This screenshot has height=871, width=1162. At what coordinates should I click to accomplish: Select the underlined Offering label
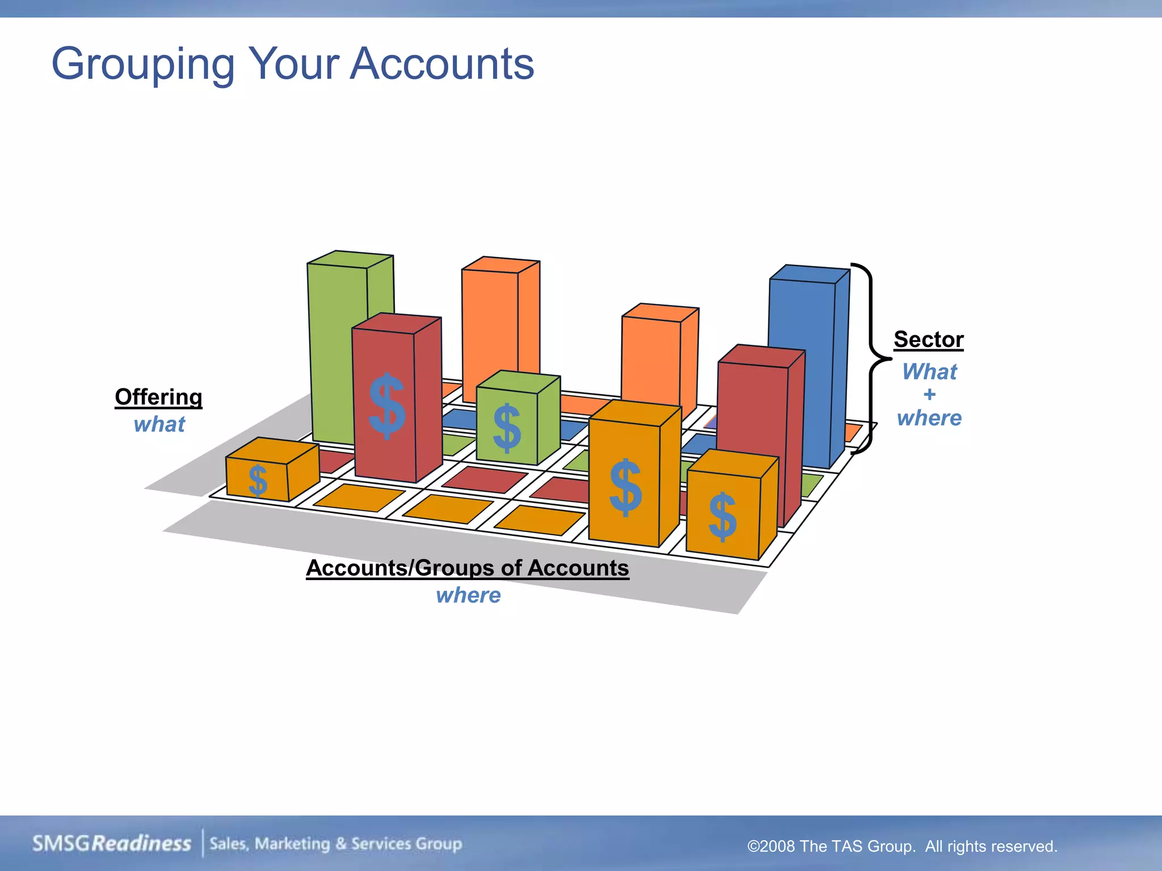tap(158, 397)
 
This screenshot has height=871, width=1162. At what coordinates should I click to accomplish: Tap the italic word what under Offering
tap(159, 424)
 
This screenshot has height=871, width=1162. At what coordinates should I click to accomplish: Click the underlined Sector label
tap(928, 340)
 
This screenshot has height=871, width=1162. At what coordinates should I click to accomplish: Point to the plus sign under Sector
tap(929, 395)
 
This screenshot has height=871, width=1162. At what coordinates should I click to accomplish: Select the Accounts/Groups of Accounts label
tap(468, 568)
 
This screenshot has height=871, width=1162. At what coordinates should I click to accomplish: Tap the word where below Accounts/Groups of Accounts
tap(469, 595)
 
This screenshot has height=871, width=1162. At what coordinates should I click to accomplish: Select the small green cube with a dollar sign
tap(516, 420)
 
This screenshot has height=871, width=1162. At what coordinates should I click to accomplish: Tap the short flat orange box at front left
tap(271, 471)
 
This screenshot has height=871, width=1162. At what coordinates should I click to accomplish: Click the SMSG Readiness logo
tap(112, 843)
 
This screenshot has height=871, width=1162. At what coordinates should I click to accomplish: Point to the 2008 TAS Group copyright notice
tap(902, 846)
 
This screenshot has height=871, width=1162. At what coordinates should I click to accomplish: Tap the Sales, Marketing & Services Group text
tap(336, 843)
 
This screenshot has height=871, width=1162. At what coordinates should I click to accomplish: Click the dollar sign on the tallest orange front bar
tap(625, 488)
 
